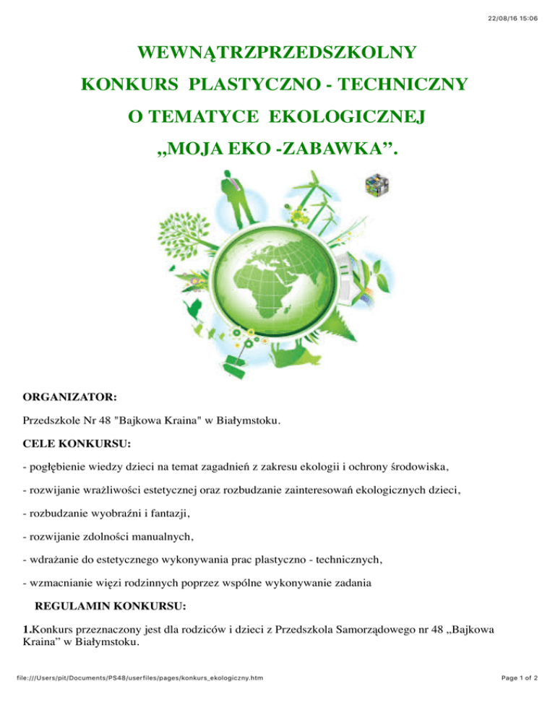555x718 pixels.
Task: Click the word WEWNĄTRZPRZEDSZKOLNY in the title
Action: (277, 53)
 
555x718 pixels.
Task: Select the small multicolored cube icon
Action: (376, 184)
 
